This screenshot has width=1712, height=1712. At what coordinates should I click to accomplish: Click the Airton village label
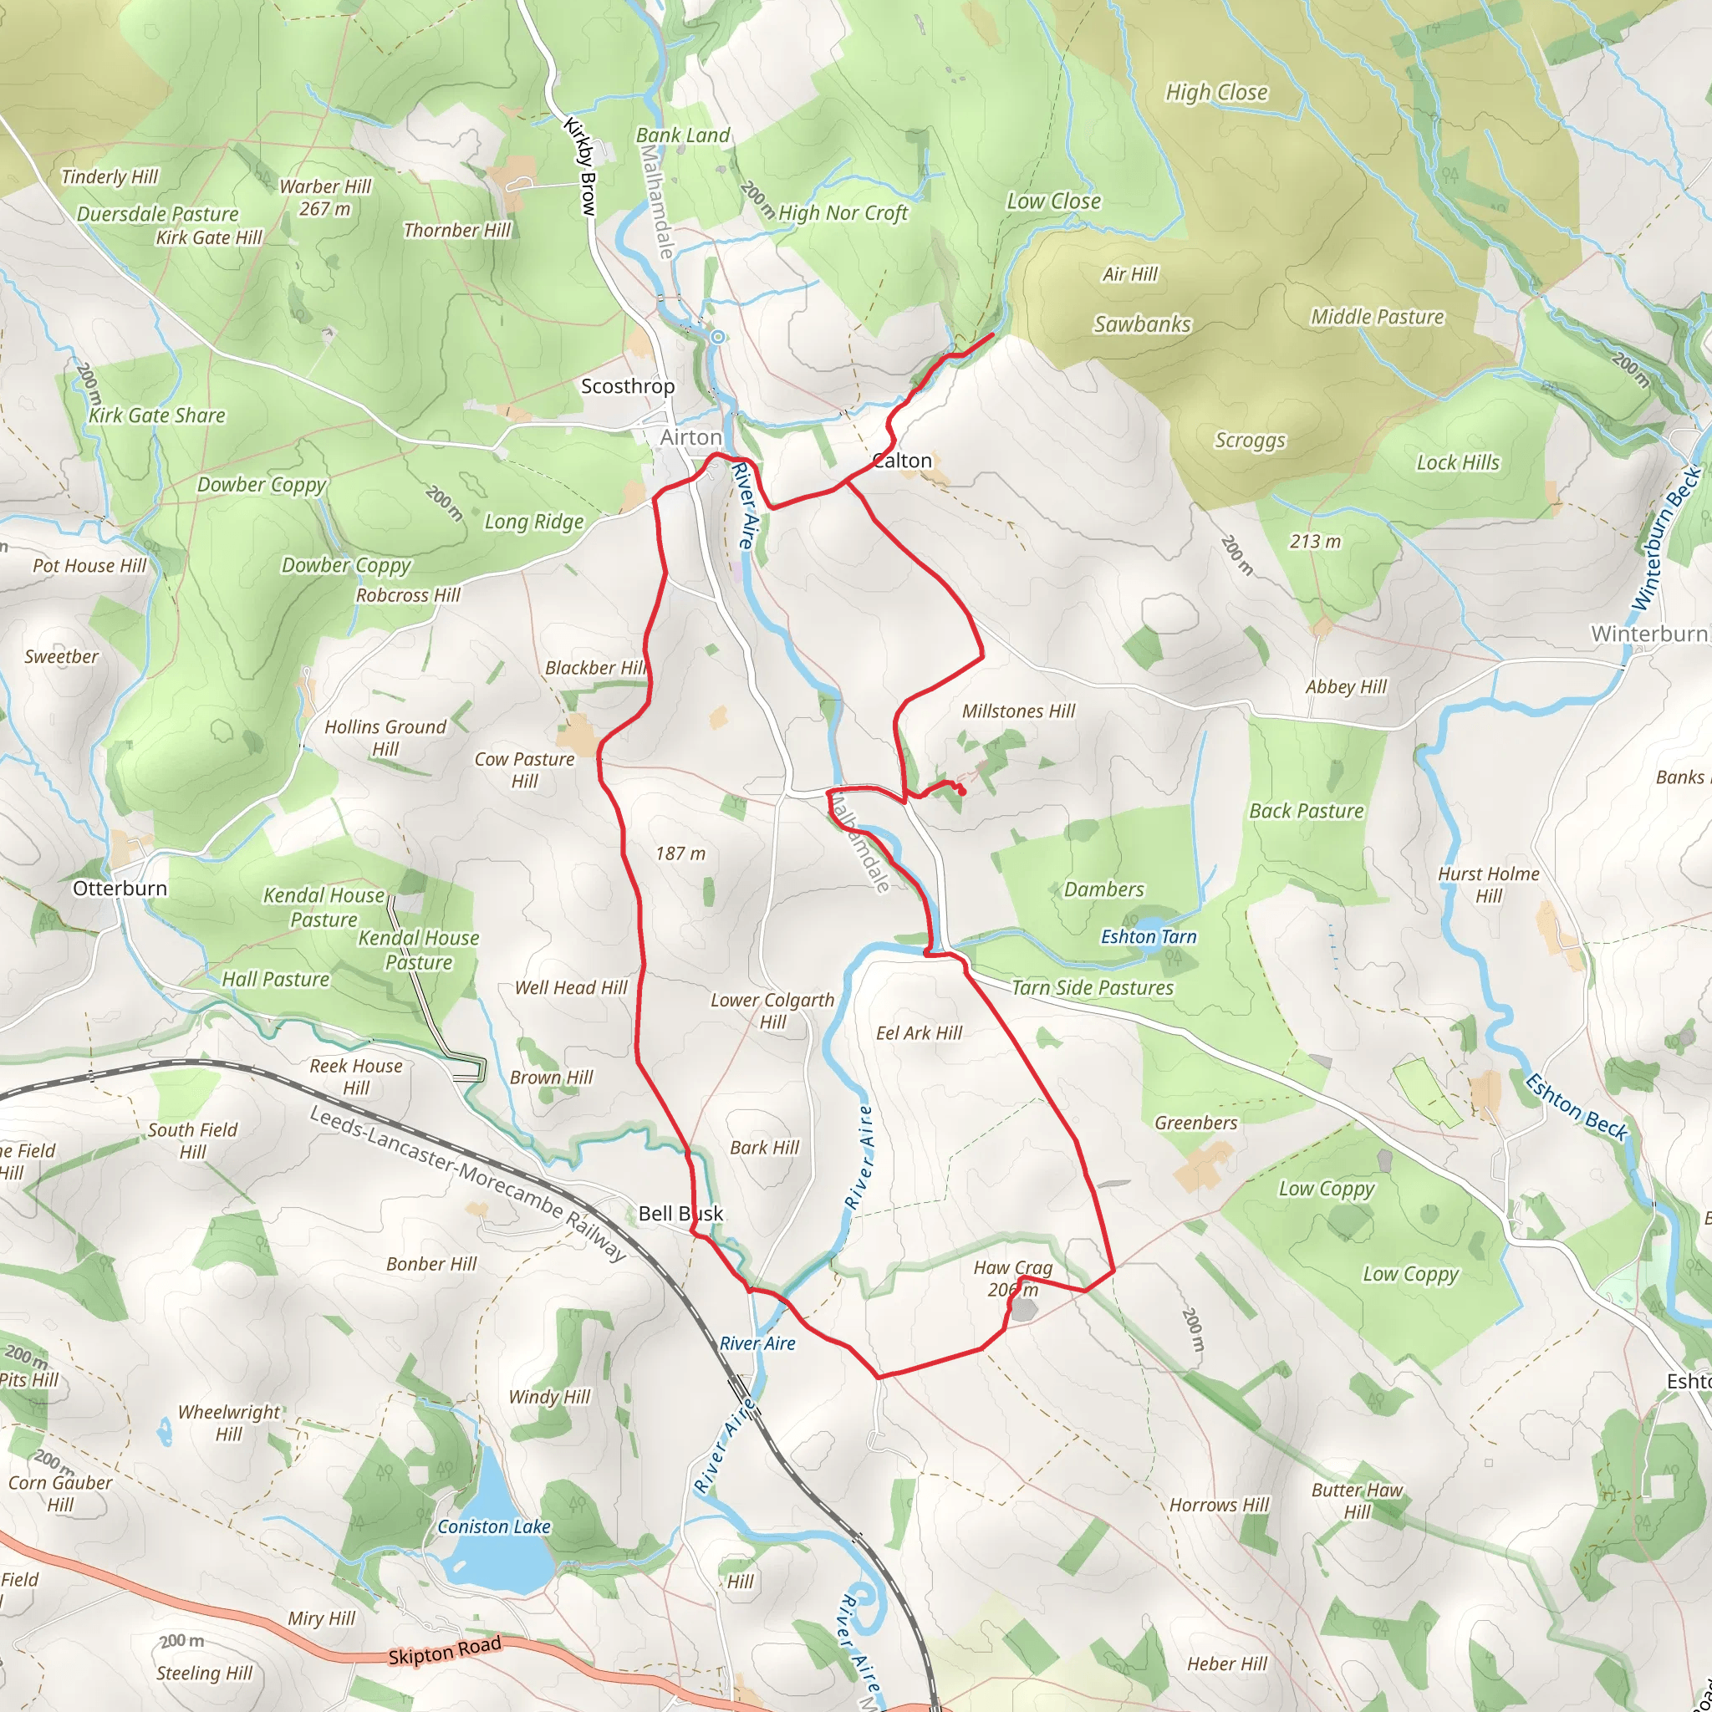tap(690, 438)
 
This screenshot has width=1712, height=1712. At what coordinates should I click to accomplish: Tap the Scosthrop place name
tap(628, 386)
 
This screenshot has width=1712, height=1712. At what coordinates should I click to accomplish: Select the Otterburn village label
tap(120, 889)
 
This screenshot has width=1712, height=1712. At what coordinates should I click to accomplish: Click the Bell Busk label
tap(680, 1214)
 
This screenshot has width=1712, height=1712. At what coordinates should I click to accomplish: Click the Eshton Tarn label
tap(1149, 936)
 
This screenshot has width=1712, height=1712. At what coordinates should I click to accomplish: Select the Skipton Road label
tap(445, 1651)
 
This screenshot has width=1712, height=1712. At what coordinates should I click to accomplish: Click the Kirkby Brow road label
tap(581, 167)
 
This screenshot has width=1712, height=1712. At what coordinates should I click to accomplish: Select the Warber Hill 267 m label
tap(325, 197)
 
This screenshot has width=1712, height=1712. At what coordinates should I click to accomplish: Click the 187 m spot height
tap(680, 853)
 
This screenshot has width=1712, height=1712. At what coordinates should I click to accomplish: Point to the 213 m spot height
tap(1315, 542)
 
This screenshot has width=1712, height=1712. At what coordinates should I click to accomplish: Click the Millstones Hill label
tap(1018, 711)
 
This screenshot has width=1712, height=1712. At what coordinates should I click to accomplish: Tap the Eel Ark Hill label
tap(919, 1033)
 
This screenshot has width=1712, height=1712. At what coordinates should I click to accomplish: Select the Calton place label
tap(902, 461)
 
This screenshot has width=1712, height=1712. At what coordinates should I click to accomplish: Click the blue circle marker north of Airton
tap(718, 337)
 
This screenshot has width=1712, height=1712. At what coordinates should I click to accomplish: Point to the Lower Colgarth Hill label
tap(772, 1010)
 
